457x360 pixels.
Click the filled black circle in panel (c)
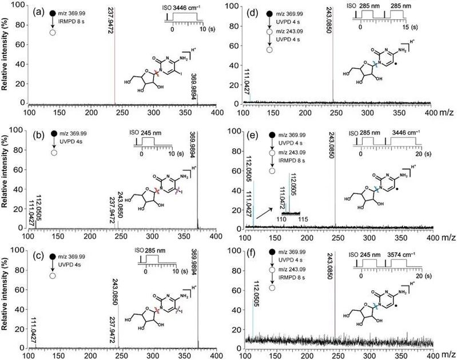point(54,254)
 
